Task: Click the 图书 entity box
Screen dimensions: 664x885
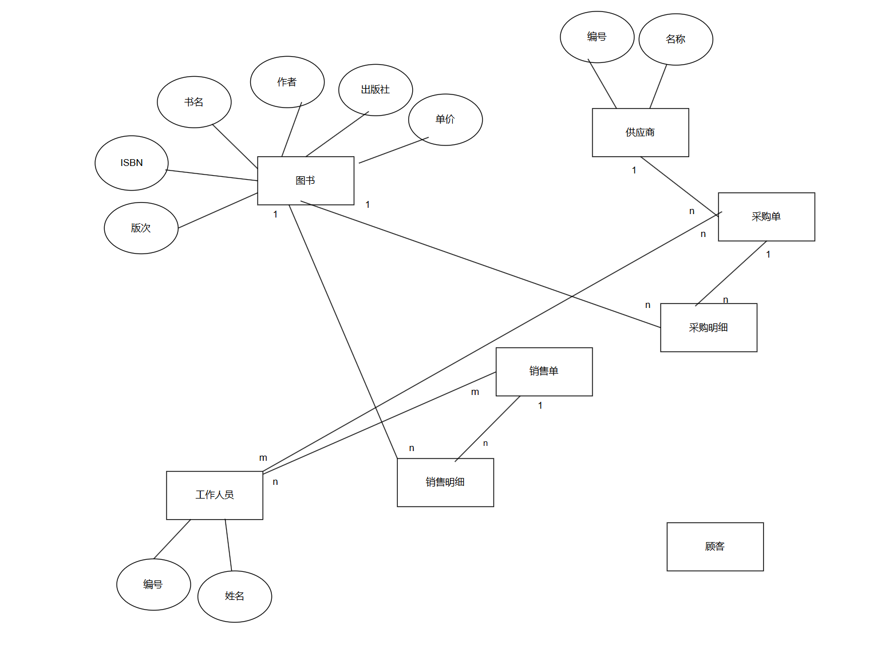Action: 306,180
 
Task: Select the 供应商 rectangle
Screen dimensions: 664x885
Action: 640,132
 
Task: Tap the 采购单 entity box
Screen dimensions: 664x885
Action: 766,216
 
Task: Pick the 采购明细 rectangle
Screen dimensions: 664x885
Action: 708,327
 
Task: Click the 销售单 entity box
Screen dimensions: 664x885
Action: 544,371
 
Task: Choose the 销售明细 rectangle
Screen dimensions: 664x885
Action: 445,482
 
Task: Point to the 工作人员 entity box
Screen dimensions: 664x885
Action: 214,495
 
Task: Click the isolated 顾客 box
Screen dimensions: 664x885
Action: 714,546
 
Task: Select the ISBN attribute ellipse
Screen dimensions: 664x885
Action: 131,163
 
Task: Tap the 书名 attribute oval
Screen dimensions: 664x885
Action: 194,102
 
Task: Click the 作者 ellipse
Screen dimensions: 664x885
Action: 287,82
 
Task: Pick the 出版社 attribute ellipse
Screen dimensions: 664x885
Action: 375,89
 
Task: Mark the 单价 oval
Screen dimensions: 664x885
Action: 445,119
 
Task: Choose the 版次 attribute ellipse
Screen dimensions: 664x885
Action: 141,228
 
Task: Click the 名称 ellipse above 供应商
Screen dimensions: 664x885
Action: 675,39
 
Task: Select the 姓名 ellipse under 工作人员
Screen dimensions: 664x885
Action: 234,596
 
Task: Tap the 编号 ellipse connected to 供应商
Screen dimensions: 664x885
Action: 596,37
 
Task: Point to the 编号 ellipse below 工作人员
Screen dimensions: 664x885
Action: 153,584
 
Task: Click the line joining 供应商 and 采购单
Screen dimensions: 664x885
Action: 679,186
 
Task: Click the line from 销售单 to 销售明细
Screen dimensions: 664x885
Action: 488,428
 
